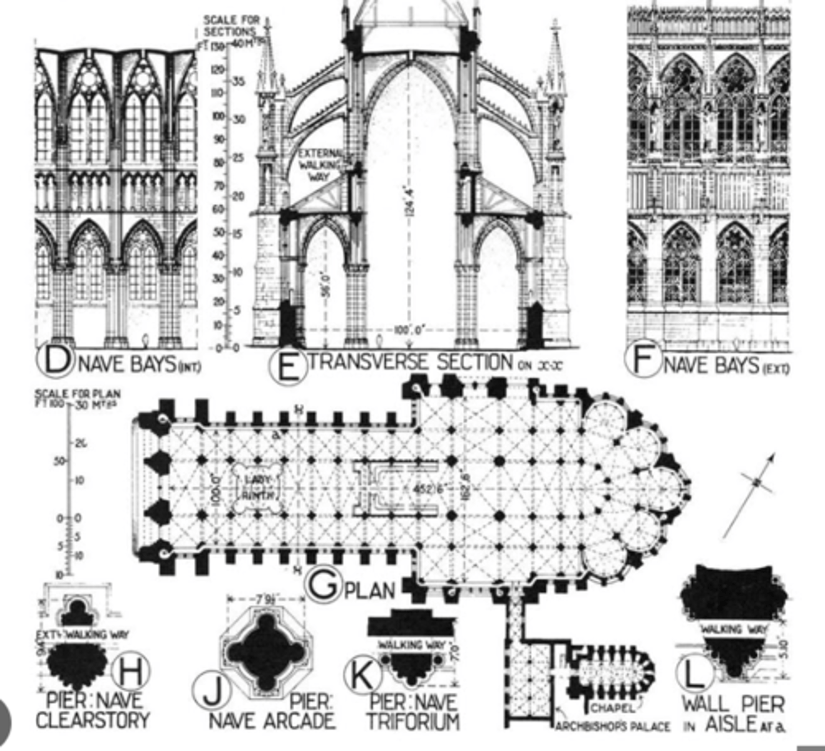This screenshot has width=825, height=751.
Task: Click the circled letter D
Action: (55, 361)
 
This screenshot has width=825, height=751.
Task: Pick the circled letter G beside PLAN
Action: (324, 587)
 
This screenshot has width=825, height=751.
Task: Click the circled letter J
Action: (212, 690)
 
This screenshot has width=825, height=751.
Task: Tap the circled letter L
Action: (695, 675)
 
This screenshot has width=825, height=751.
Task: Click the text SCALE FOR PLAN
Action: (78, 394)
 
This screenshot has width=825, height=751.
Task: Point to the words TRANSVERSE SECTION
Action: (411, 362)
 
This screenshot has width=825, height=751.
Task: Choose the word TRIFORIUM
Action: (412, 721)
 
